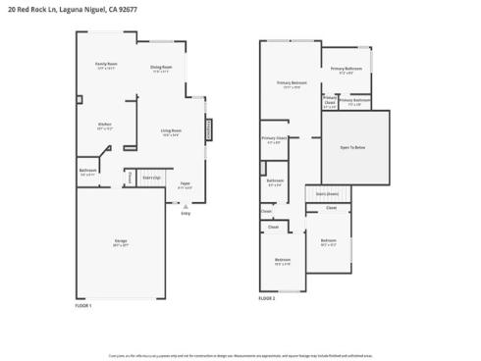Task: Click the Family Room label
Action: (x=105, y=66)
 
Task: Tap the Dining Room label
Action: (x=160, y=68)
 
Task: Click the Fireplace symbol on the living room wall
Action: (x=208, y=129)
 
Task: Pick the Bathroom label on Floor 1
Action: (x=87, y=172)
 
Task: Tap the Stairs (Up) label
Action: (x=151, y=178)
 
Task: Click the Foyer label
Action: (x=184, y=183)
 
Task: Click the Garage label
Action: (x=120, y=243)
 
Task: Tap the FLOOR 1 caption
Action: (x=83, y=306)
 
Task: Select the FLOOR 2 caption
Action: (x=267, y=298)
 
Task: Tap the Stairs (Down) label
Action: (x=328, y=193)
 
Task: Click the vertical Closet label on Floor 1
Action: (x=129, y=177)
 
